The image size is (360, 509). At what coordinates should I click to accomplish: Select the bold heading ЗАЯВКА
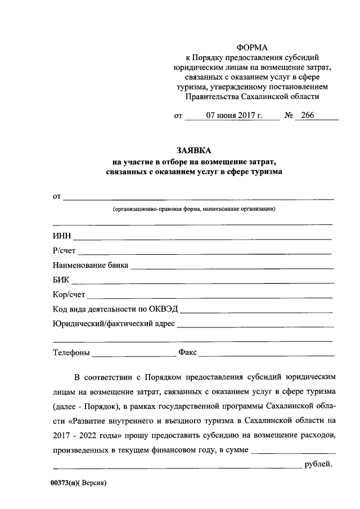[195, 151]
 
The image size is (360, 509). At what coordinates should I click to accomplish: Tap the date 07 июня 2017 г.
[231, 116]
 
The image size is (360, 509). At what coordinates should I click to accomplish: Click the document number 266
[308, 116]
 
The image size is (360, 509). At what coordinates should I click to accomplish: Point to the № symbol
[290, 116]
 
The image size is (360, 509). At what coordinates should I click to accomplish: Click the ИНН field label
[62, 236]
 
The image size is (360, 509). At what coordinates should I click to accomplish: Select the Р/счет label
[64, 250]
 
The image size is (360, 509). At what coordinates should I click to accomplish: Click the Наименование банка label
[91, 265]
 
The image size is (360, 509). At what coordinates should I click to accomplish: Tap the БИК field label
[61, 280]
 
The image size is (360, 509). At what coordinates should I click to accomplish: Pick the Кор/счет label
[69, 294]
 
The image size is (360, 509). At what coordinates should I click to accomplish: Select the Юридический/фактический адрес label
[114, 323]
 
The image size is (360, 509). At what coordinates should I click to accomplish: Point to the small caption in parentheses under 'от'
[193, 209]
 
